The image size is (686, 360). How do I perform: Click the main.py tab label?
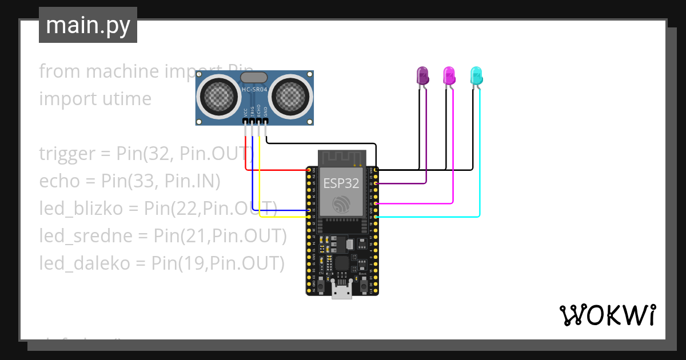click(x=87, y=25)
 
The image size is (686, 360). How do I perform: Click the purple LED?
click(x=422, y=75)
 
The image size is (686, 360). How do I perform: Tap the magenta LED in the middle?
click(x=449, y=75)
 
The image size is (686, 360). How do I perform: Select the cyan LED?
click(x=476, y=75)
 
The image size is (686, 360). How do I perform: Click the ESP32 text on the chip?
click(x=341, y=183)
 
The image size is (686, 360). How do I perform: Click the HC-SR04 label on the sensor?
click(x=254, y=90)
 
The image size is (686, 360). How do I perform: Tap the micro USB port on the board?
click(x=342, y=292)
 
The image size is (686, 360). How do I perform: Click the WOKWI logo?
click(x=607, y=315)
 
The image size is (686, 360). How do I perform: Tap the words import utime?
click(x=95, y=99)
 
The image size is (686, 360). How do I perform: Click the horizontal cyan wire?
click(x=429, y=217)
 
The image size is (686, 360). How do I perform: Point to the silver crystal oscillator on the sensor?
click(x=254, y=77)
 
